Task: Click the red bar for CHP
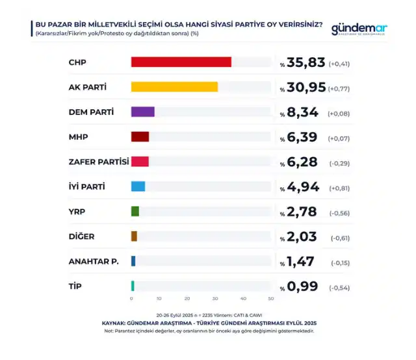click(x=181, y=62)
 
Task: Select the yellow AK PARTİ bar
click(x=174, y=87)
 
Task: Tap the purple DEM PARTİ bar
click(x=143, y=112)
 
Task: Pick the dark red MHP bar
click(x=140, y=136)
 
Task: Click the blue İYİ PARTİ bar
click(x=138, y=186)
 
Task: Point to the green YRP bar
click(x=135, y=211)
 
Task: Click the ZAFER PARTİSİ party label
click(x=99, y=162)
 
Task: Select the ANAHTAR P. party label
click(x=93, y=261)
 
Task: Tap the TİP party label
click(x=75, y=286)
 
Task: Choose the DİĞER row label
click(x=82, y=237)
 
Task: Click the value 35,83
click(x=305, y=63)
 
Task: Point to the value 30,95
click(x=305, y=88)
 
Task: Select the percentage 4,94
click(x=302, y=187)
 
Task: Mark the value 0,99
click(x=302, y=287)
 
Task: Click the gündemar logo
click(x=359, y=29)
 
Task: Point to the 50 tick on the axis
click(x=270, y=298)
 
